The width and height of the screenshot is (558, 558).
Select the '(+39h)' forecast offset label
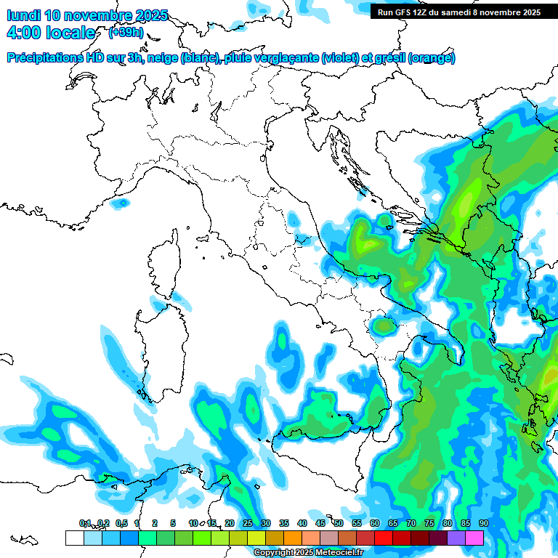click(x=125, y=33)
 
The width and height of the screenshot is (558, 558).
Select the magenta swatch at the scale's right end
click(x=474, y=538)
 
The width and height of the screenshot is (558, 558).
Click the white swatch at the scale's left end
click(x=74, y=538)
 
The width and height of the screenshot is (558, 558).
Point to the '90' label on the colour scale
click(x=483, y=523)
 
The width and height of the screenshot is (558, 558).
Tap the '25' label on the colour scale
click(x=247, y=523)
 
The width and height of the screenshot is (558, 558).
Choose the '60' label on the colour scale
click(x=374, y=523)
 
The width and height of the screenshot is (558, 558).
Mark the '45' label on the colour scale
click(x=320, y=523)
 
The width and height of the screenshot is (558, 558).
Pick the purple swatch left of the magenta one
click(x=456, y=538)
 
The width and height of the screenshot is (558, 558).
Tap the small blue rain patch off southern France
click(x=121, y=203)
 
